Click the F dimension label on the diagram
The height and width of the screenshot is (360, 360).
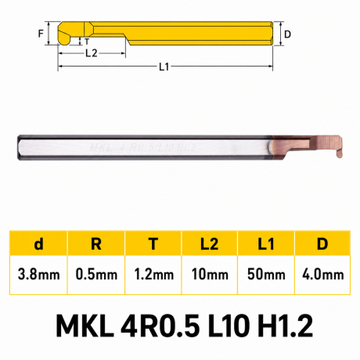pos(41,34)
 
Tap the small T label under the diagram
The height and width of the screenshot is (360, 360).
pos(87,41)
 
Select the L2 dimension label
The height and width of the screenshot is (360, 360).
pos(92,53)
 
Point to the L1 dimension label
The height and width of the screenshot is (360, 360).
pos(164,67)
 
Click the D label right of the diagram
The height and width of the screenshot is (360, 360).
pos(287,34)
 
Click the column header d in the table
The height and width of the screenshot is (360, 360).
pos(38,244)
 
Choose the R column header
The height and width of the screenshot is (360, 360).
pos(96,244)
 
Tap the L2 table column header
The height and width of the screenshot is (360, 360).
pos(209,244)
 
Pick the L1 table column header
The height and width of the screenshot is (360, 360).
pos(266,244)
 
